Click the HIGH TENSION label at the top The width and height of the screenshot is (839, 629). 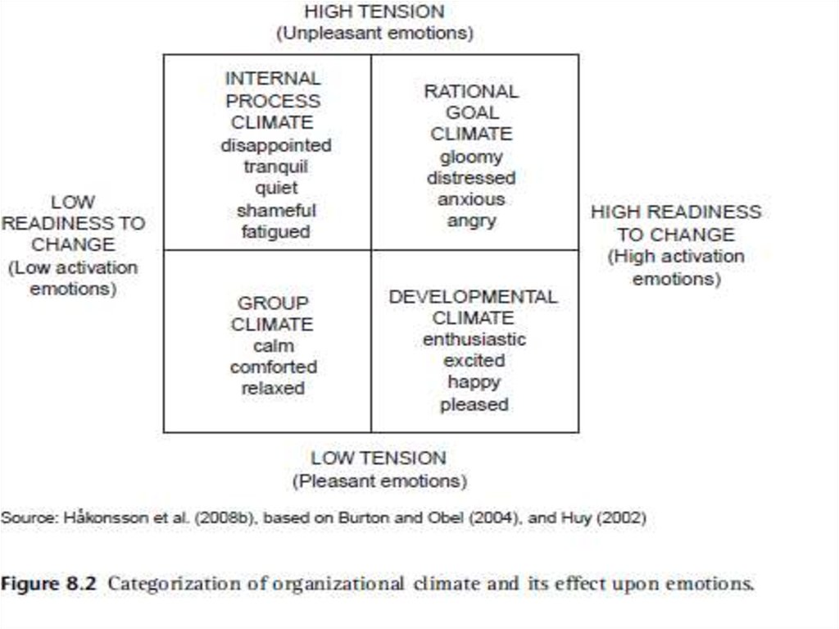click(374, 12)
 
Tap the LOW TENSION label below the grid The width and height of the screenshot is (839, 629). click(379, 458)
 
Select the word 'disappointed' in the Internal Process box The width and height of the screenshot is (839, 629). click(275, 145)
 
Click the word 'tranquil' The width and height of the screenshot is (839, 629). click(275, 166)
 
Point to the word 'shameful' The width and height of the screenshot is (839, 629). click(275, 210)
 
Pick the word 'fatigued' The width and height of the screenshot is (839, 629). click(275, 232)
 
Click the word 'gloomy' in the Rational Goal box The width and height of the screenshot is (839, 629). click(471, 156)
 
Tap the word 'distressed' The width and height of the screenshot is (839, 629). click(471, 178)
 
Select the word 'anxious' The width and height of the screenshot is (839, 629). click(471, 199)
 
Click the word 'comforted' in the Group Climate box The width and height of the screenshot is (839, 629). click(273, 367)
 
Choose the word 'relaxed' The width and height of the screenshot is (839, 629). click(273, 388)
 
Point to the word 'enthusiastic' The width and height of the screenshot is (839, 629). click(474, 339)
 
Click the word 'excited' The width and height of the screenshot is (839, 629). click(474, 361)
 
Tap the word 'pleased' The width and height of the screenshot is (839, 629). click(474, 404)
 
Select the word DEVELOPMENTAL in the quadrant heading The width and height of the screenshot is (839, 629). click(473, 296)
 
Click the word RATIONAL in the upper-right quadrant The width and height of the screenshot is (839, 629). click(471, 91)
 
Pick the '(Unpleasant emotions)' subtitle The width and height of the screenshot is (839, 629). click(374, 34)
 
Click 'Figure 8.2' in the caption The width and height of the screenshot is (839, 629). click(48, 585)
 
